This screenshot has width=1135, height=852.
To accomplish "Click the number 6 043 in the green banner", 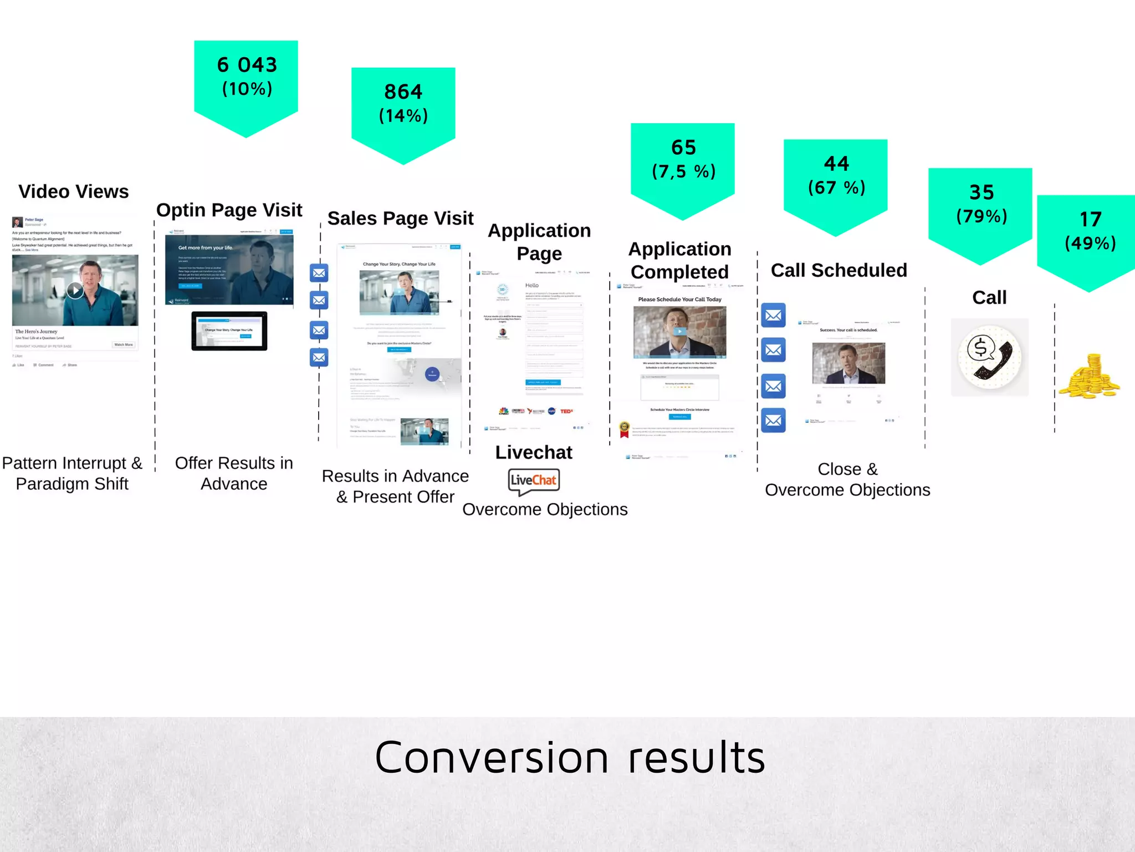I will pos(247,65).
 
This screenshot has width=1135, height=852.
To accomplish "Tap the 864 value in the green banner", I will pos(403,92).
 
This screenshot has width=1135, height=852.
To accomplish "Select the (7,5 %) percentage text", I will pos(683,171).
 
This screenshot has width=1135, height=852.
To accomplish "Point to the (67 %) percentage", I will pos(836,187).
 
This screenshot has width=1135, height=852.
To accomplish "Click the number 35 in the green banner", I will pos(981,192).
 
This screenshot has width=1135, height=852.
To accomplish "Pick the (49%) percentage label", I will pos(1090,243).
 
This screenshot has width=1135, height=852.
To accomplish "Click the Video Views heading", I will pos(74,191).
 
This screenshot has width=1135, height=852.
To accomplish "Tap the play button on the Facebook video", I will pos(75,290).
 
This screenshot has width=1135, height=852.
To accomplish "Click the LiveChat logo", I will pos(534,480).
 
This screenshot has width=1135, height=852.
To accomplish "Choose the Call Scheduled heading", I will pos(839,270).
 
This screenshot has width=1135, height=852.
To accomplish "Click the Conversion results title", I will pos(570,757).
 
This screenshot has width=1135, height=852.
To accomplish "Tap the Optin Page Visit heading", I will pos(229,210).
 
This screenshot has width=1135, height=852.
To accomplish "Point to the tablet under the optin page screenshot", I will pos(229,331).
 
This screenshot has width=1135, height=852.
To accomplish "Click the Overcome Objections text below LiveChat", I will pos(545,509).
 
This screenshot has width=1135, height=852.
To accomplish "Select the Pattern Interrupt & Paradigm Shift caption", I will pos(72,473).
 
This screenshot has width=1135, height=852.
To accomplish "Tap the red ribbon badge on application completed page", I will pos(625,429).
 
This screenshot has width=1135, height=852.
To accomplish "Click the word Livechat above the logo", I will pos(533,452).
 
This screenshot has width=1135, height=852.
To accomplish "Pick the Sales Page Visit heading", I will pos(400,219).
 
